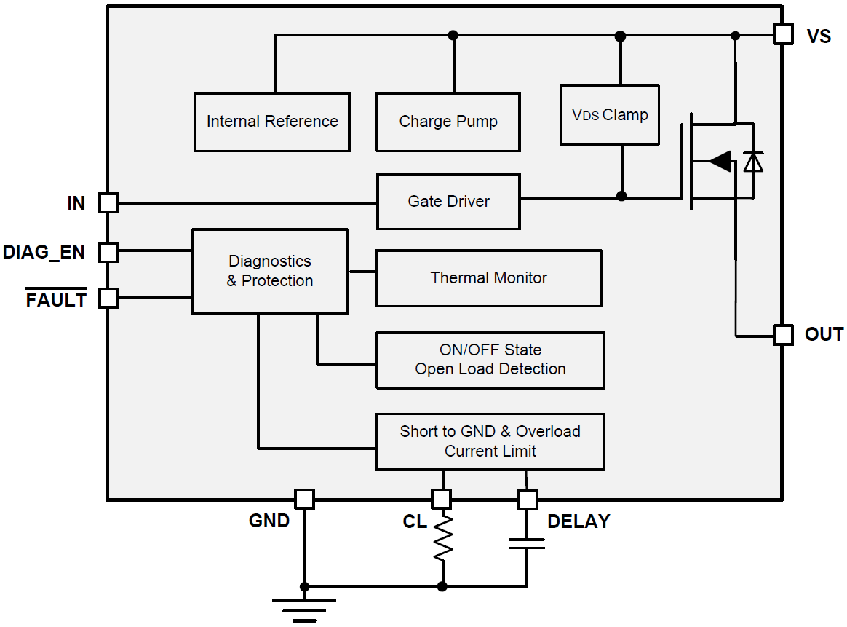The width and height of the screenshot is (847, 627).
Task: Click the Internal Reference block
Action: [272, 122]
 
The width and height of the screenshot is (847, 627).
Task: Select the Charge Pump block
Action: [448, 122]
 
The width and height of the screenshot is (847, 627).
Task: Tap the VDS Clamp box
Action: [610, 115]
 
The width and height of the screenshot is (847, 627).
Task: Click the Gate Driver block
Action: [448, 202]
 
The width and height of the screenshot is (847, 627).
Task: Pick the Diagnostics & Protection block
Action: [269, 272]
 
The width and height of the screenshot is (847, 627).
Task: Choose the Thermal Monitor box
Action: [488, 278]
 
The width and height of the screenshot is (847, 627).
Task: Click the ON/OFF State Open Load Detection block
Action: [490, 360]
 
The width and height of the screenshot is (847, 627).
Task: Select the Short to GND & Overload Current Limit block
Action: [490, 441]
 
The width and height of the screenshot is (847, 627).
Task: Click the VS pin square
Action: [783, 34]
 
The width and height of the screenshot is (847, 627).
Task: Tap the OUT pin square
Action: [783, 335]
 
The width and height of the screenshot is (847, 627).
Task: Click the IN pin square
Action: [108, 203]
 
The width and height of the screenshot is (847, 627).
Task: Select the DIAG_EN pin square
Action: [108, 252]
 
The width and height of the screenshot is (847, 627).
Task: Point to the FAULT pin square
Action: [108, 298]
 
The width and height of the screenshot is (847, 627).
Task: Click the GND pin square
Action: [304, 499]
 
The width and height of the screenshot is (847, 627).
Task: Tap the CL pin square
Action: [441, 499]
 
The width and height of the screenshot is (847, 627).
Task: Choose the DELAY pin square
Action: [528, 499]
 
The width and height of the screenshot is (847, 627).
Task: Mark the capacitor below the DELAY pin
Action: [527, 543]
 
